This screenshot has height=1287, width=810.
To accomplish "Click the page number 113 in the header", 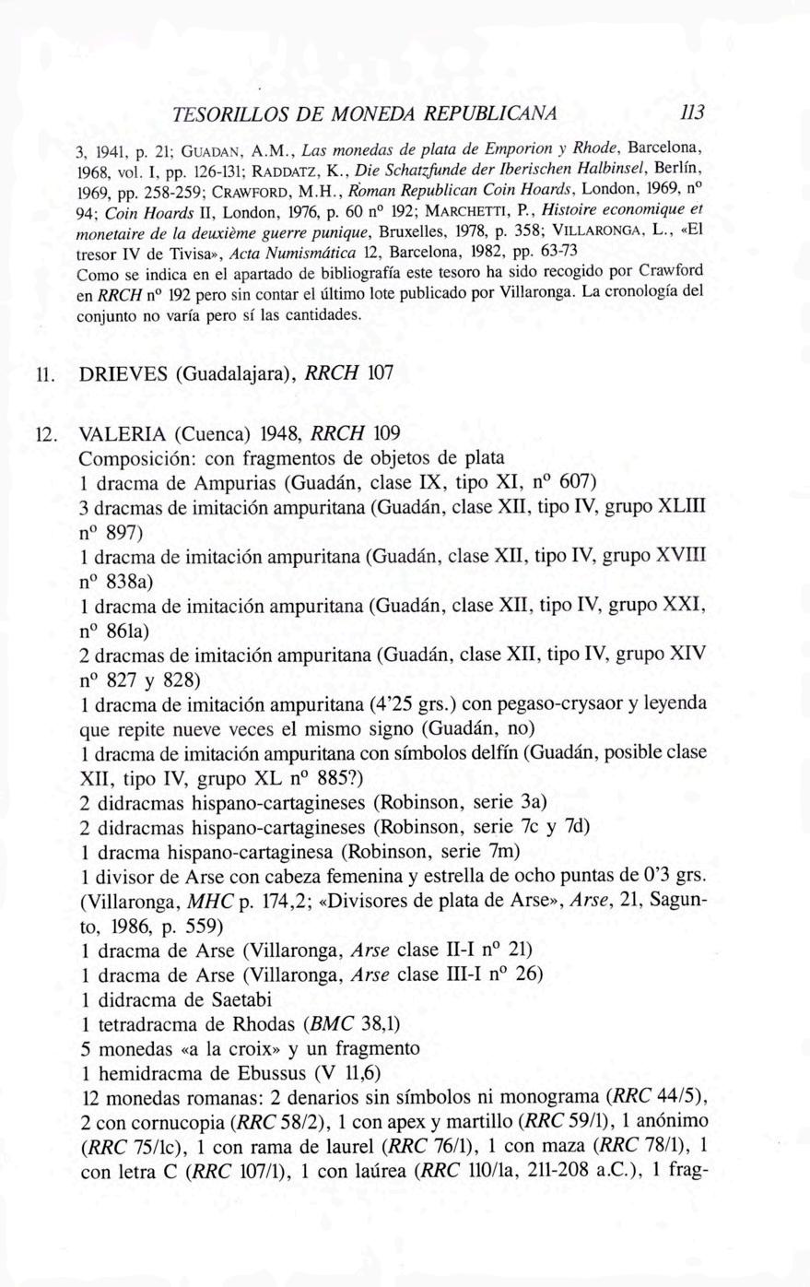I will (691, 112).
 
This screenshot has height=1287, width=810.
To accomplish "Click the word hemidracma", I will (146, 1073).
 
